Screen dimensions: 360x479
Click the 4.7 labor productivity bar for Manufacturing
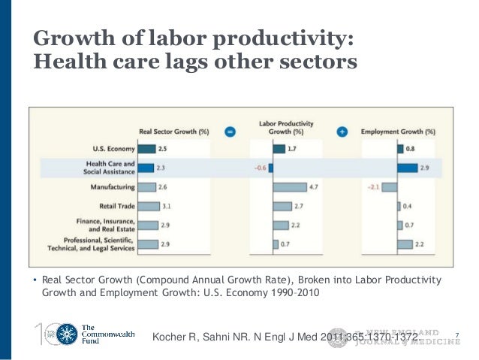291,187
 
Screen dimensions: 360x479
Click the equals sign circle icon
230,132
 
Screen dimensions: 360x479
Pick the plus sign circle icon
342,132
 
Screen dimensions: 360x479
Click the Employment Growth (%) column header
398,132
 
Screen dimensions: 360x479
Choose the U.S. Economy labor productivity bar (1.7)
279,149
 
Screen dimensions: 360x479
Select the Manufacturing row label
114,187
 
